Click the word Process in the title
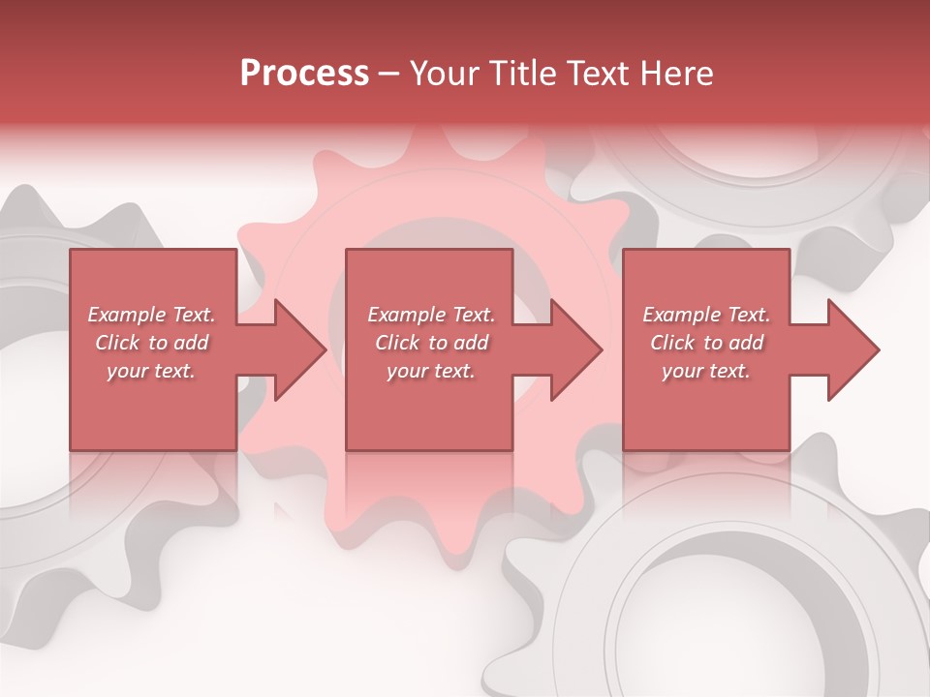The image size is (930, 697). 304,74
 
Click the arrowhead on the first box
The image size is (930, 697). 296,349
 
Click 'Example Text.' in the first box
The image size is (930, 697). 151,315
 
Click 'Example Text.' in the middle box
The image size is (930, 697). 430,315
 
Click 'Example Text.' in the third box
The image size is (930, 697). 706,315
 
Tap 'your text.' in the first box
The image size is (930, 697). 151,371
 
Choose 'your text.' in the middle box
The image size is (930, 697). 430,371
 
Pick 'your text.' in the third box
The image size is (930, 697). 706,371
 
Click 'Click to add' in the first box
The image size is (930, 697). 151,343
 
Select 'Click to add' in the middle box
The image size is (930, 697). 430,343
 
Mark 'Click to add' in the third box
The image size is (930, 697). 706,343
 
